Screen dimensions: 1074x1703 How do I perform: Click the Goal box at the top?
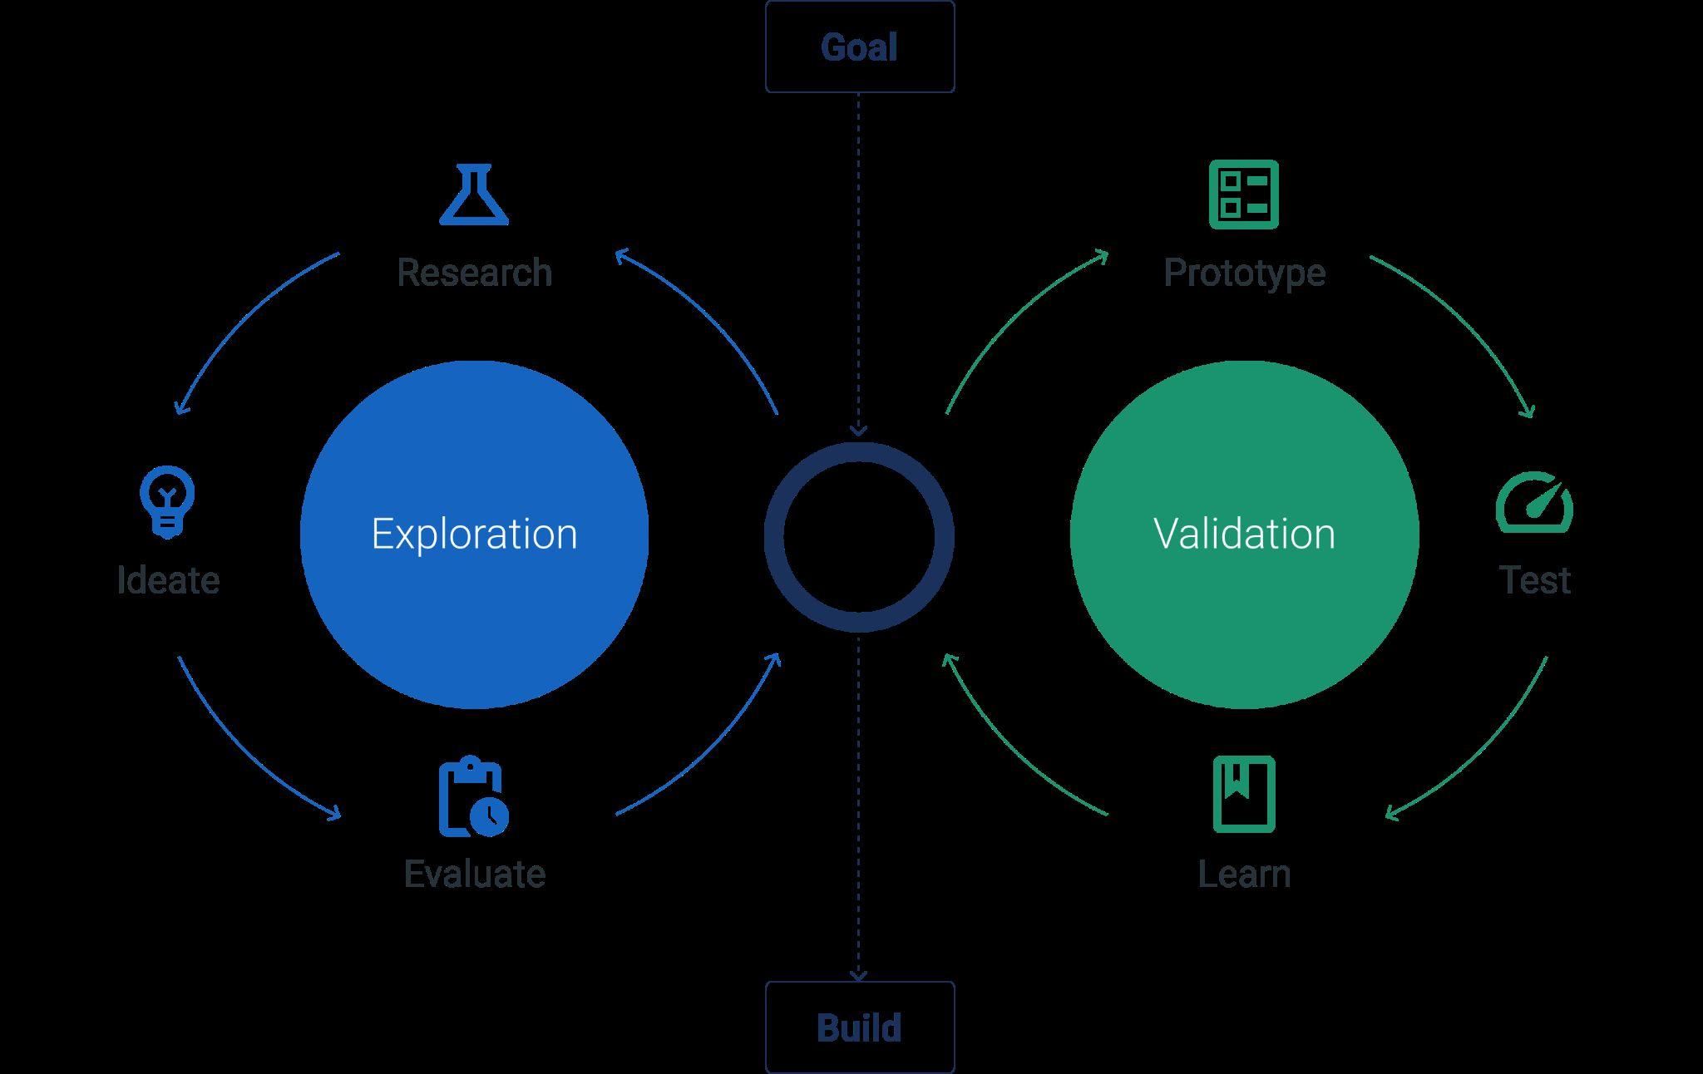(859, 47)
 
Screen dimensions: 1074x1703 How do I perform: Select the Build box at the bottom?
(859, 1027)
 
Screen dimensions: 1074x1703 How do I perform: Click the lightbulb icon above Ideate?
(167, 501)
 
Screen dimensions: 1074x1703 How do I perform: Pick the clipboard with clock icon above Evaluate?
(473, 796)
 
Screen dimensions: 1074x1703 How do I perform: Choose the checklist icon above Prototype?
(1243, 195)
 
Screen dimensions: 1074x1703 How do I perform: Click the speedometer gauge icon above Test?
(1534, 503)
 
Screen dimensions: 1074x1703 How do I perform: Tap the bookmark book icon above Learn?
(1243, 794)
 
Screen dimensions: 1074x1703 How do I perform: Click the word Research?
(474, 273)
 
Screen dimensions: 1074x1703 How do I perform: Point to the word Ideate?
(168, 580)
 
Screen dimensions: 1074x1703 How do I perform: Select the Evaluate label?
(474, 874)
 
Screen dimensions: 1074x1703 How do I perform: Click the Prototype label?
(1244, 273)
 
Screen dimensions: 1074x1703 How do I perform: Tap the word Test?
(1534, 580)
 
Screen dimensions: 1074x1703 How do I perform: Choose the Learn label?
(1244, 874)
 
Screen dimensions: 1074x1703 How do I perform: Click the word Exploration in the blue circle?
(474, 534)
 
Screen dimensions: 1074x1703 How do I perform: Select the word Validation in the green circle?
(1244, 534)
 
